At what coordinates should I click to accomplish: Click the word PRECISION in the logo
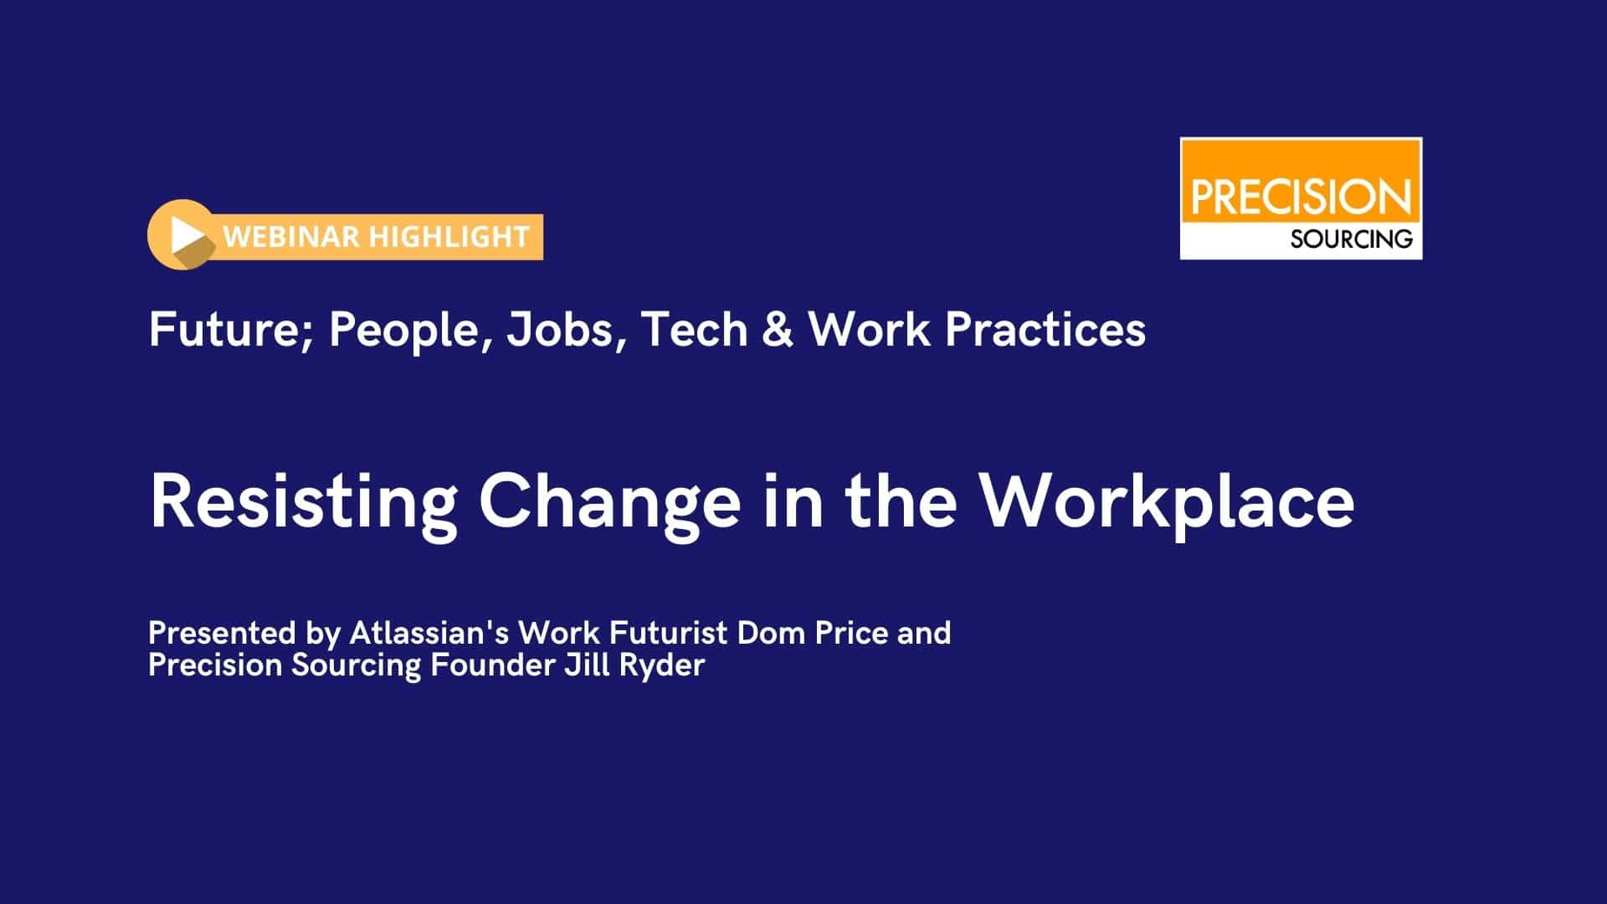(1301, 198)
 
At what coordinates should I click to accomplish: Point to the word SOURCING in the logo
(1351, 239)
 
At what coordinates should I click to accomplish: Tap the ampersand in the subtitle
(778, 330)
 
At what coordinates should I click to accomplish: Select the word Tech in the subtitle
(694, 330)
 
